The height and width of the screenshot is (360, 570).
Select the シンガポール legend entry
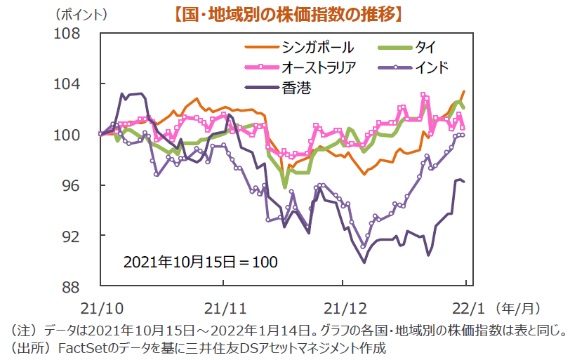(x=317, y=48)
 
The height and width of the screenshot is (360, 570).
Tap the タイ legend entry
(x=425, y=48)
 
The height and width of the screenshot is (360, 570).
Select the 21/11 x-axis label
(x=224, y=307)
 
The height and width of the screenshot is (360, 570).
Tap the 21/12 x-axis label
(x=343, y=307)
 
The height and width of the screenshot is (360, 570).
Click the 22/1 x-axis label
(x=465, y=307)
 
